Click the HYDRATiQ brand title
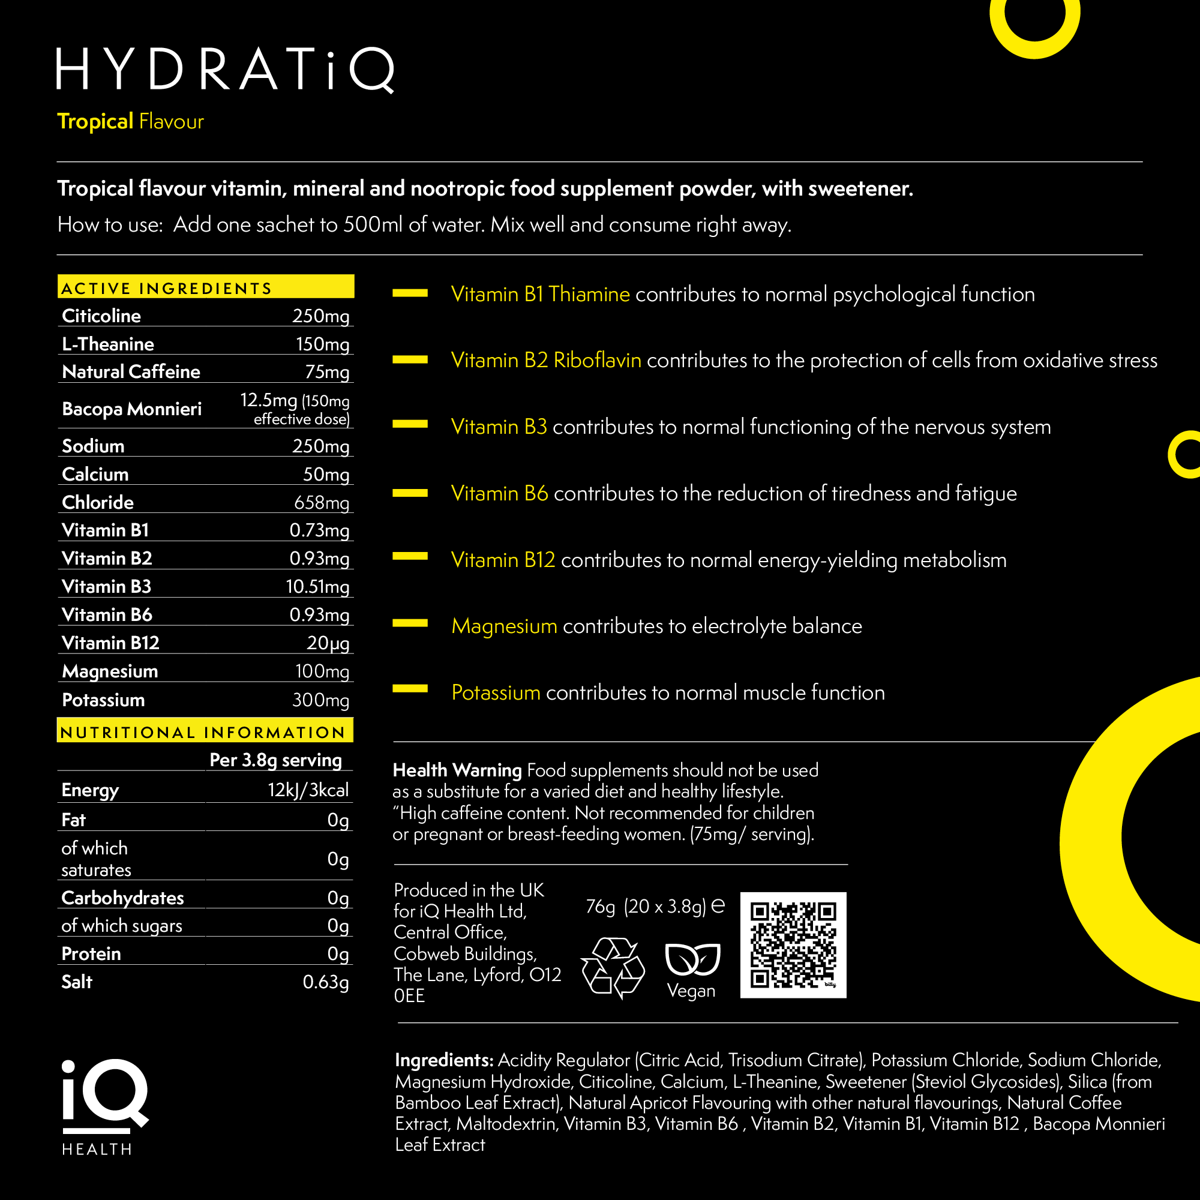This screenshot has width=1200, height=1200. click(x=226, y=70)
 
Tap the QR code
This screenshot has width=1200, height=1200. click(x=793, y=945)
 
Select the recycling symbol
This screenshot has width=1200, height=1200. click(x=613, y=968)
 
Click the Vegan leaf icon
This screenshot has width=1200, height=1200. click(x=692, y=959)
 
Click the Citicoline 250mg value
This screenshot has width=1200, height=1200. click(x=320, y=316)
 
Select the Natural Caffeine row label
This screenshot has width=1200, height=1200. click(x=131, y=371)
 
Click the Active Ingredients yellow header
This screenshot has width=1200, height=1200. click(x=206, y=287)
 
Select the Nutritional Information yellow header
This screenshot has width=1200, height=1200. click(x=205, y=731)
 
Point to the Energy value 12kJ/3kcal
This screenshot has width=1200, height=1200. click(x=308, y=790)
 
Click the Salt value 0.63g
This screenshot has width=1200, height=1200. click(x=325, y=982)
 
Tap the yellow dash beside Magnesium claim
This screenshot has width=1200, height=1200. click(x=410, y=623)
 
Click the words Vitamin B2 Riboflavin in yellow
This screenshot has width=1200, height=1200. click(x=546, y=360)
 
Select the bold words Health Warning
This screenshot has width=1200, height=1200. click(x=457, y=770)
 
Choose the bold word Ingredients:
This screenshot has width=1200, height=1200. click(x=444, y=1060)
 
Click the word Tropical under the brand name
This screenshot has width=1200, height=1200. click(x=95, y=121)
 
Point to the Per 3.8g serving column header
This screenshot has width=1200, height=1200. click(x=276, y=760)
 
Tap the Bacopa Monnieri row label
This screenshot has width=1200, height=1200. click(x=131, y=409)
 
